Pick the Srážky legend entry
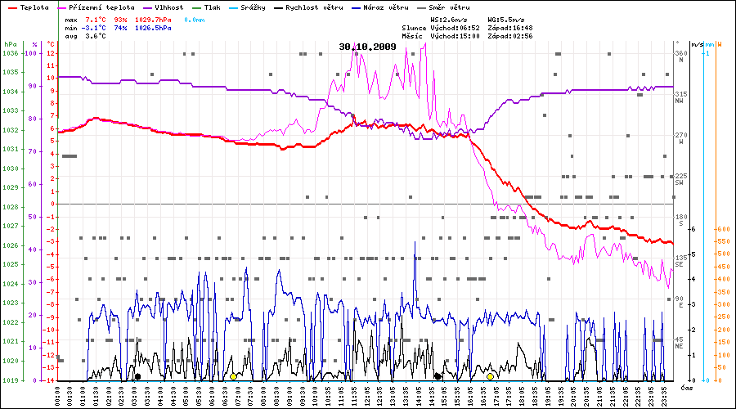pos(251,7)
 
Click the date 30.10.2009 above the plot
pos(367,47)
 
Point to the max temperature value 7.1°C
pos(98,18)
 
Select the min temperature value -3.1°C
pos(97,27)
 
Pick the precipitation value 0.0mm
pos(195,18)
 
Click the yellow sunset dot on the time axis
pos(490,376)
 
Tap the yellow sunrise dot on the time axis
pos(233,376)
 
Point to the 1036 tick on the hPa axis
pos(10,53)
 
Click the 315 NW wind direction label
pos(680,97)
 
